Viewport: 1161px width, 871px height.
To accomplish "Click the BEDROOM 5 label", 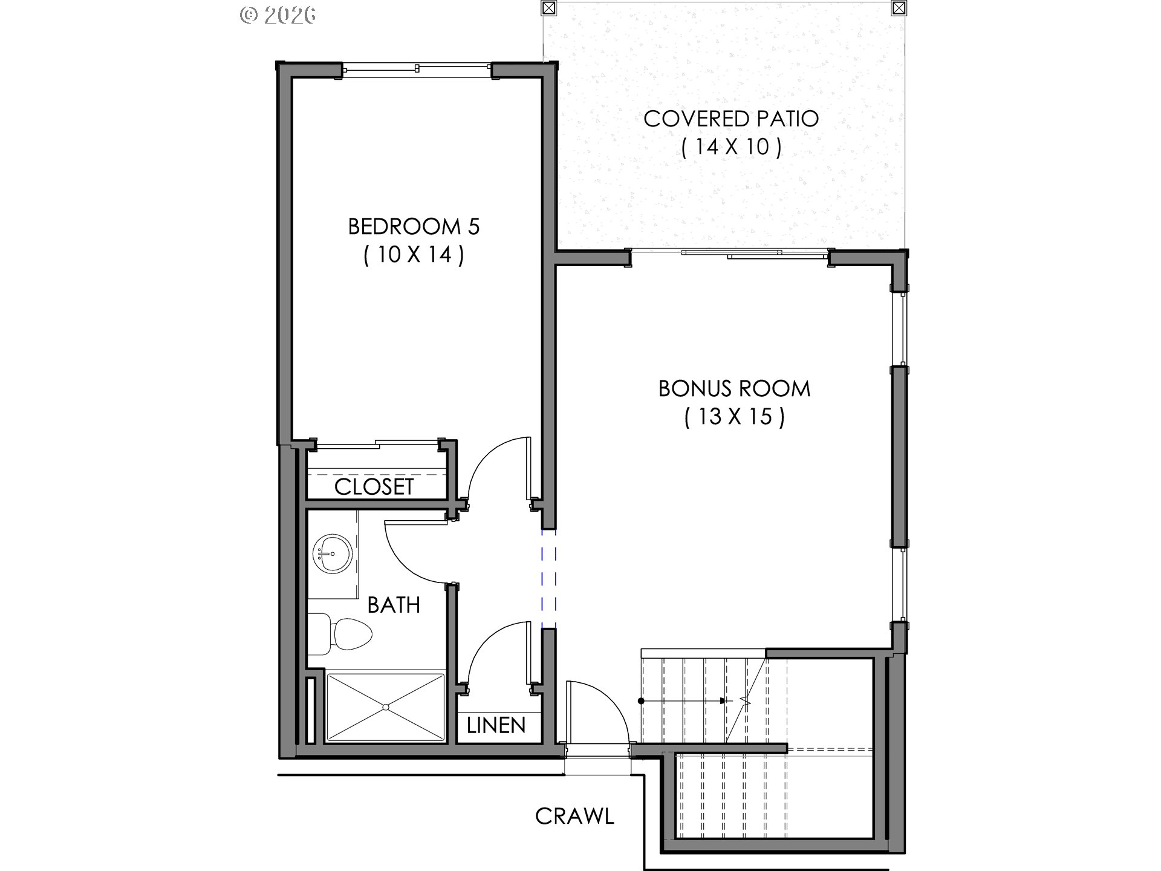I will [414, 227].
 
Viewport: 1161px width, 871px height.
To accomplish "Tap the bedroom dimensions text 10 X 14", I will [414, 255].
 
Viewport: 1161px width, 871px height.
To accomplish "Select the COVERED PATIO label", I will [730, 119].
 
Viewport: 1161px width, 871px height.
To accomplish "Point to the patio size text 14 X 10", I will [730, 147].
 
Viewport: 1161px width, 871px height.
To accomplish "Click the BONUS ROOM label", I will [734, 388].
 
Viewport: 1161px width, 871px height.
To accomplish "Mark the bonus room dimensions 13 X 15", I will [734, 417].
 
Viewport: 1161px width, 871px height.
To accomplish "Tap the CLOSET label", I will [374, 487].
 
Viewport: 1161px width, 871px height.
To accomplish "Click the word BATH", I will [394, 605].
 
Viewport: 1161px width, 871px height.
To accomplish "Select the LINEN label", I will [496, 725].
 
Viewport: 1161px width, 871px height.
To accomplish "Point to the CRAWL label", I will [574, 817].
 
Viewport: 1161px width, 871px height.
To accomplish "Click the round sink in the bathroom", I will [332, 553].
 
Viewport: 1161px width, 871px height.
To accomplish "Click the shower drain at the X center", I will [385, 706].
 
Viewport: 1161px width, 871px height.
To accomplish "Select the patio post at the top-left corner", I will [549, 8].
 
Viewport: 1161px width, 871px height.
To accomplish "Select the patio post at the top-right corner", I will [899, 8].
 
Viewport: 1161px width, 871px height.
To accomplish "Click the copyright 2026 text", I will [278, 15].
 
